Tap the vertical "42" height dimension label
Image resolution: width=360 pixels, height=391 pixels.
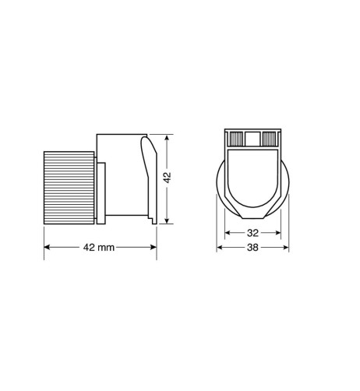pyautogui.click(x=168, y=178)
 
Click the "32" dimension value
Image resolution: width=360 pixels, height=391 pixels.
pyautogui.click(x=253, y=233)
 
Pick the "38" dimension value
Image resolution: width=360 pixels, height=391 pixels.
pyautogui.click(x=253, y=248)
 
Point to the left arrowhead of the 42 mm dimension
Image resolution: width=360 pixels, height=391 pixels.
pyautogui.click(x=45, y=248)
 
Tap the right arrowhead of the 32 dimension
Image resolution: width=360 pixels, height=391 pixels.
pyautogui.click(x=279, y=233)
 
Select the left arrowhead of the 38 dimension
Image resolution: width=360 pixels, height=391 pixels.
pyautogui.click(x=220, y=248)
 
